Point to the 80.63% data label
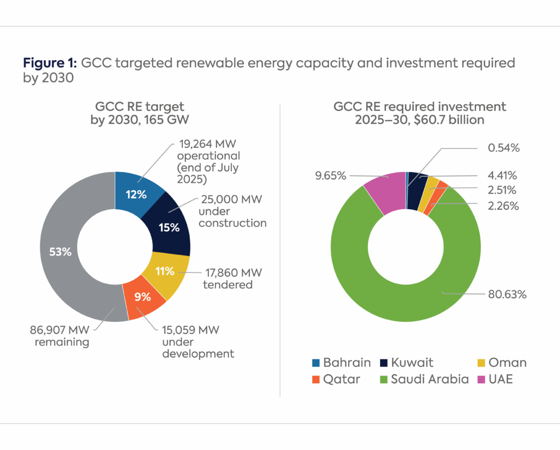coord(506,295)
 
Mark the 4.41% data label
coord(502,175)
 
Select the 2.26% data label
coord(502,206)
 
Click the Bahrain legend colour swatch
coord(315,363)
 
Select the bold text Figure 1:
coord(50,63)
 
